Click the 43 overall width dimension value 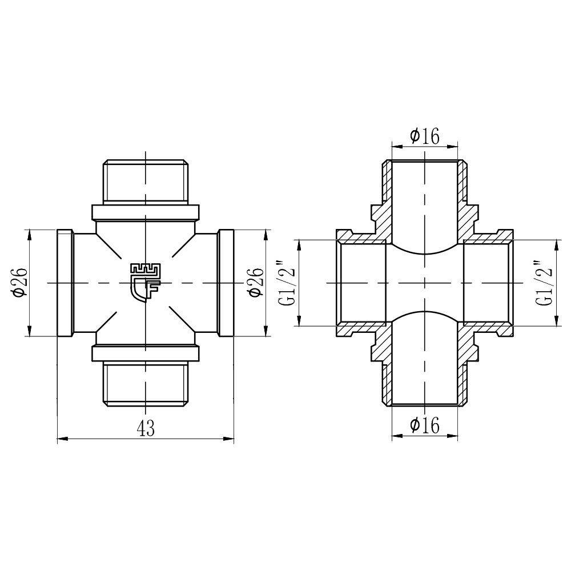point(146,428)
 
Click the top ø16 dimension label point(425,136)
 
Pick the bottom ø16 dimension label point(425,425)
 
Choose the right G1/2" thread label point(544,283)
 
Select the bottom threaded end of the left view point(146,384)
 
